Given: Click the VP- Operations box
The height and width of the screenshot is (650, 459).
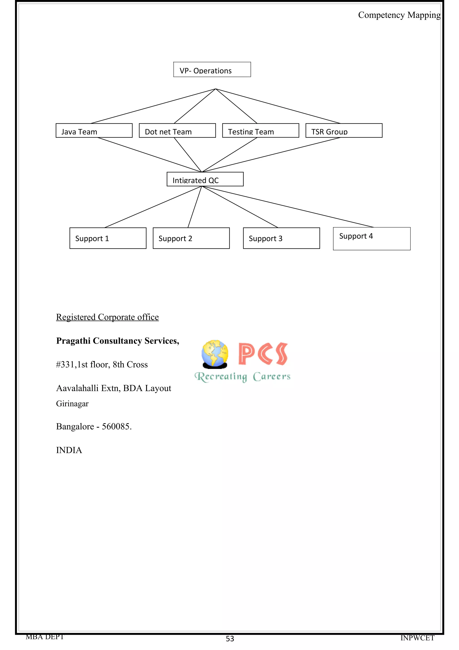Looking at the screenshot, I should coord(212,70).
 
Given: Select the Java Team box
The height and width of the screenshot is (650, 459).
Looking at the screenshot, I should coord(94,131).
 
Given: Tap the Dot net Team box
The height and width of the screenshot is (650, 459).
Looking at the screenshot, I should coord(177,131).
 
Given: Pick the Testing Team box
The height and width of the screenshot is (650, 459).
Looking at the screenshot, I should coord(260,131).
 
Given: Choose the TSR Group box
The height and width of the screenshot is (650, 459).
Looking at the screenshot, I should coord(344,131).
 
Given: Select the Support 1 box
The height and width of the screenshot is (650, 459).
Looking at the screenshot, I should coord(108,238).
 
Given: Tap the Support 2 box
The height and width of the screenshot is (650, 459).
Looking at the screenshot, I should coord(191,238).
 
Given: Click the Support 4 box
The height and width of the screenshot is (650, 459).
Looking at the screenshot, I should coord(371,239).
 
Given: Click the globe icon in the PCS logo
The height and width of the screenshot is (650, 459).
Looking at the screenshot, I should coord(215,354).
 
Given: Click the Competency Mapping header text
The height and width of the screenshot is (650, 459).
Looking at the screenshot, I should coord(399,15).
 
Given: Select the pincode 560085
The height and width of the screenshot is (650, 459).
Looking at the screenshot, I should coord(116,426).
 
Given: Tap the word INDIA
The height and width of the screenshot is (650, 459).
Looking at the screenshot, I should coord(69,450).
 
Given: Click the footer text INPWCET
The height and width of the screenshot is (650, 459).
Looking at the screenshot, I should coord(417,638).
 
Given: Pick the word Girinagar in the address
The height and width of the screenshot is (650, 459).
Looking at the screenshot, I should coord(72,404).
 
